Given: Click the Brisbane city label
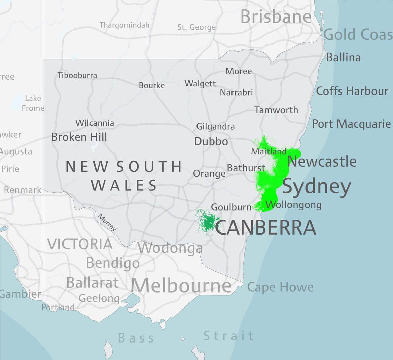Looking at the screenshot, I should [x=276, y=17].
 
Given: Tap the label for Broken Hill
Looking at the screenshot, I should [x=79, y=137].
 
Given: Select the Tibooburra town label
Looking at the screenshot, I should [x=77, y=75].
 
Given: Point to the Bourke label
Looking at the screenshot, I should [x=152, y=85].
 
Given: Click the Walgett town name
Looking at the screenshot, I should [x=200, y=83].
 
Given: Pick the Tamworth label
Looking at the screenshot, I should [x=276, y=110].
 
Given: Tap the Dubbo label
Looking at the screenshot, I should [x=211, y=141].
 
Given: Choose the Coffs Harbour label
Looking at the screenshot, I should [x=352, y=91].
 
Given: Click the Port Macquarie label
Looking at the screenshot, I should [x=351, y=124].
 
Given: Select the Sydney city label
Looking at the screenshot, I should [x=316, y=187].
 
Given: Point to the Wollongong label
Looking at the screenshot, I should [x=293, y=205].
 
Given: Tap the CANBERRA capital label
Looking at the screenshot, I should [x=265, y=228].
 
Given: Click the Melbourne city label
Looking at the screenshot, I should [x=181, y=286].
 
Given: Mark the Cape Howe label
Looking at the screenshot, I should [x=280, y=287].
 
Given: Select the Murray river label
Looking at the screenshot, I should [x=107, y=223].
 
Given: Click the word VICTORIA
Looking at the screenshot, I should [x=80, y=244].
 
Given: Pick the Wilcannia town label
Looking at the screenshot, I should [x=95, y=123].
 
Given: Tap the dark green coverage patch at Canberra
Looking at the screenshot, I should [x=208, y=221].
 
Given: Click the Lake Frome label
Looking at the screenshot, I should [x=33, y=103].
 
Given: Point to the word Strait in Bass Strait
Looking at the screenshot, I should [x=229, y=336].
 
